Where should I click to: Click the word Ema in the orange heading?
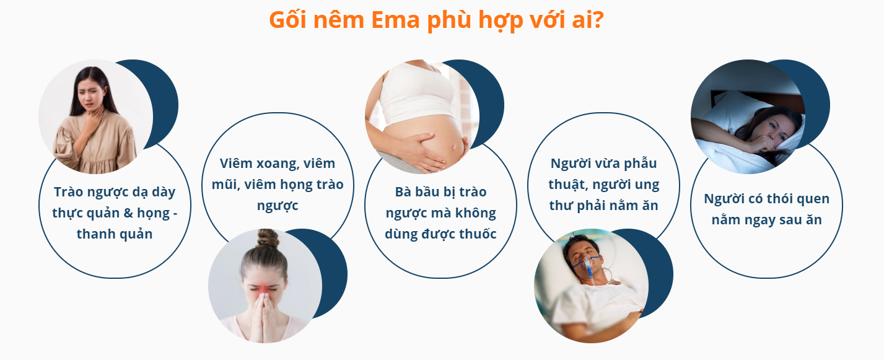[x=395, y=20]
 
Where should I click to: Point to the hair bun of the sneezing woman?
[x=268, y=238]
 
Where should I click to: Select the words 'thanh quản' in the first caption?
[x=115, y=234]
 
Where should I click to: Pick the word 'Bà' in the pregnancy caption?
[x=403, y=192]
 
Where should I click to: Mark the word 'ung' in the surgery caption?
[x=647, y=185]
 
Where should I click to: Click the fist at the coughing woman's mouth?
[x=764, y=144]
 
